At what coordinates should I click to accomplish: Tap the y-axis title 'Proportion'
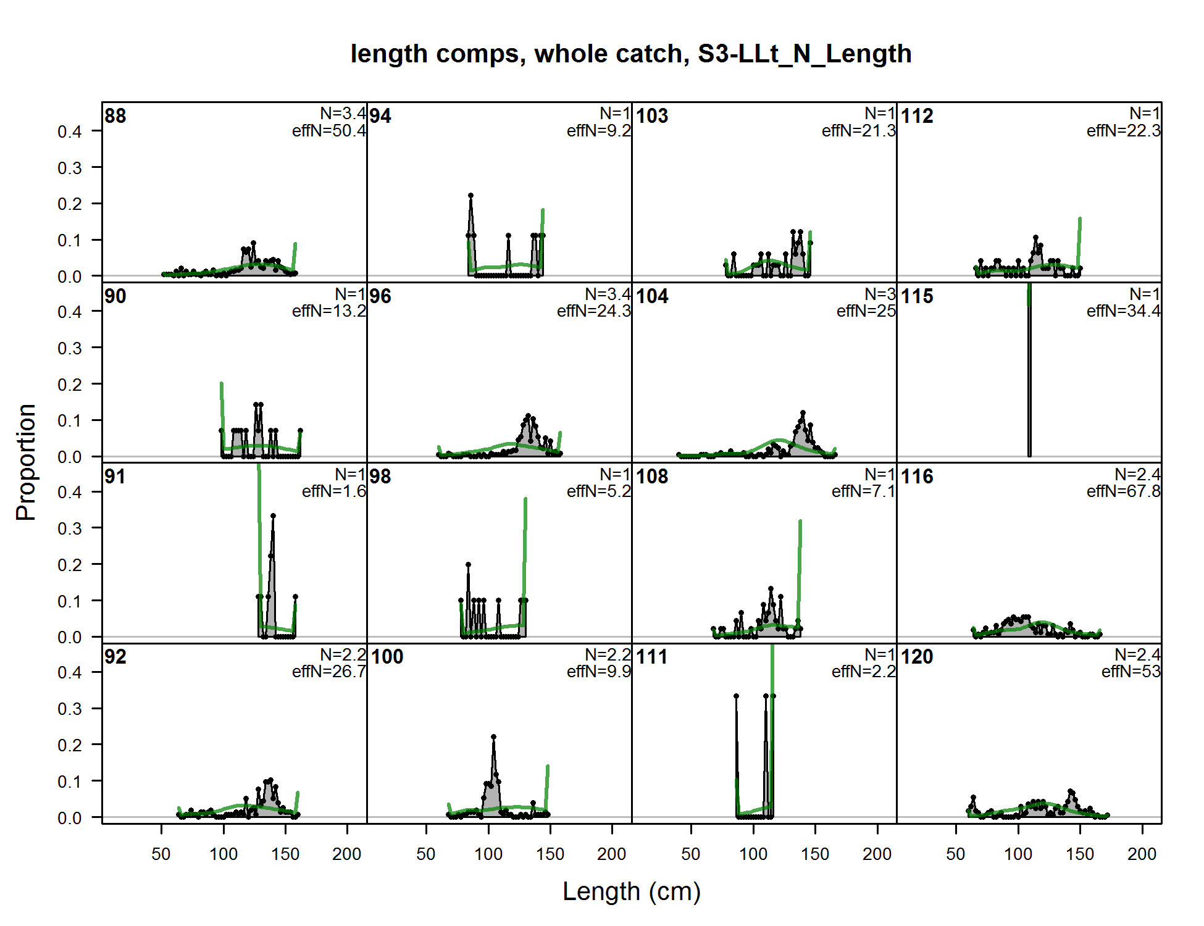coord(26,462)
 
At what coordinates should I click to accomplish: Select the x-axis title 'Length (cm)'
coord(632,891)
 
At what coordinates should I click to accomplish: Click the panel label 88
coord(115,116)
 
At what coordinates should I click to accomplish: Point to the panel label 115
coord(916,296)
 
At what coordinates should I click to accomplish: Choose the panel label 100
coord(387,657)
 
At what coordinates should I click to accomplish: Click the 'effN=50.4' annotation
coord(329,131)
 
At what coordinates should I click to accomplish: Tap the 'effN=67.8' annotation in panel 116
coord(1123,491)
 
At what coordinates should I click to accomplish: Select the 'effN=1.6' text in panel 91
coord(333,491)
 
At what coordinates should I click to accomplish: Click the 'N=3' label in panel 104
coord(880,294)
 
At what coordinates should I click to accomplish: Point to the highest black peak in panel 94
coord(470,196)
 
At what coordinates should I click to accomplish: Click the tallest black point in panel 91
coord(273,515)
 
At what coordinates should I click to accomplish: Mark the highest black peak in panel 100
coord(493,737)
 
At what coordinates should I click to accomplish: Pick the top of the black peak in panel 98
coord(468,565)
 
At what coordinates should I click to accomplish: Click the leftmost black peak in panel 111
coord(736,696)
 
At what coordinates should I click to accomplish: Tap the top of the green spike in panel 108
coord(800,522)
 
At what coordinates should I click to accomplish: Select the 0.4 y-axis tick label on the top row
coord(70,131)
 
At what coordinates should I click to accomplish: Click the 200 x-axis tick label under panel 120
coord(1142,854)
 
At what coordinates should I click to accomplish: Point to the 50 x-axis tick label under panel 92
coord(161,854)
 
